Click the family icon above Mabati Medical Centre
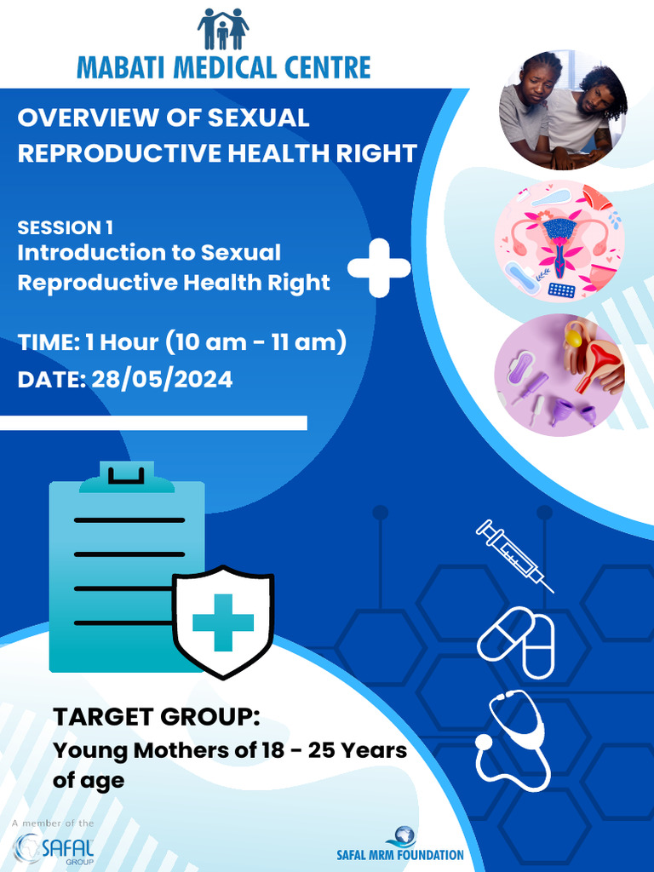tap(223, 29)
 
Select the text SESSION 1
tap(65, 227)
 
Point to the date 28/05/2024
tap(162, 379)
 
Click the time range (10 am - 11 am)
tap(255, 342)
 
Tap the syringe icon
tap(514, 555)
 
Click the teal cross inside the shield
tap(223, 622)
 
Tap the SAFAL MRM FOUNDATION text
tap(399, 855)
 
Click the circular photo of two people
tap(562, 110)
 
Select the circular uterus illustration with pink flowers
tap(559, 242)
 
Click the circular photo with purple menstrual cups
tap(559, 376)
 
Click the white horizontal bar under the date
tap(153, 423)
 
